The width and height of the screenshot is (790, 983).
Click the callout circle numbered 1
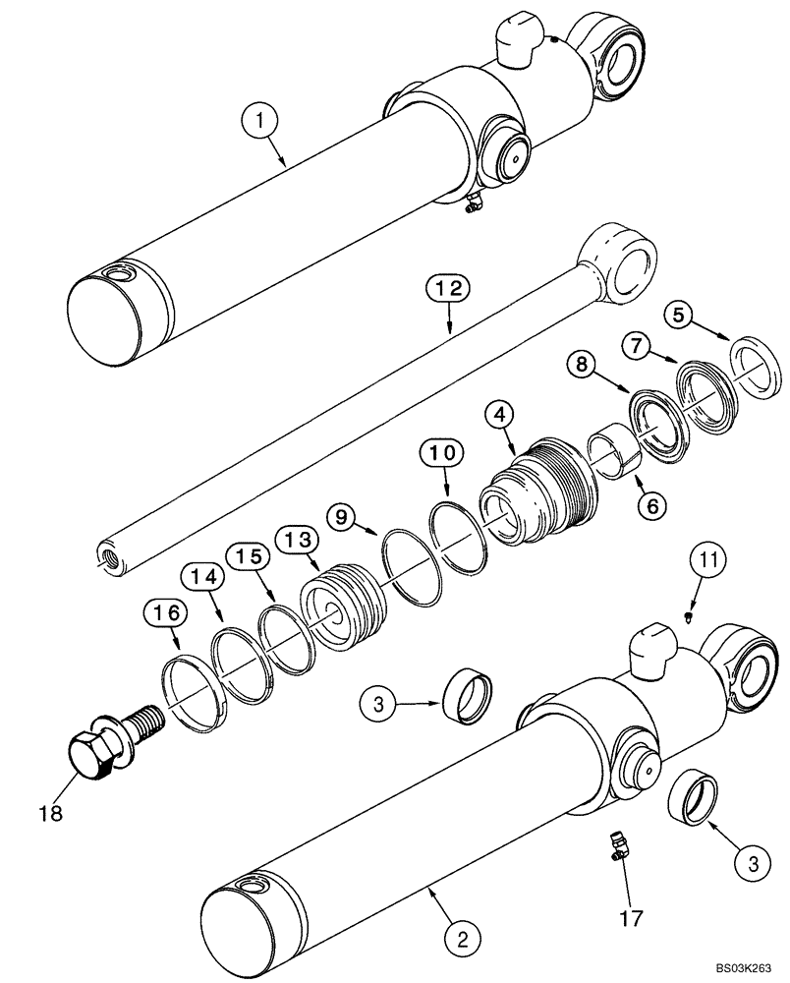(261, 124)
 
